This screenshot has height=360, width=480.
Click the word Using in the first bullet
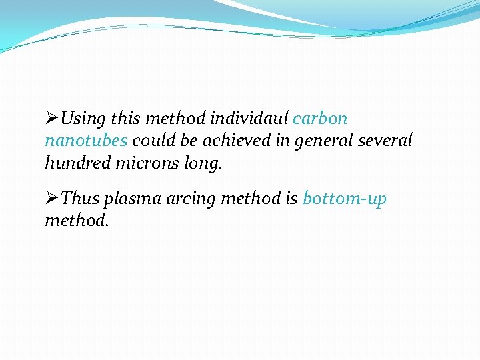(x=83, y=119)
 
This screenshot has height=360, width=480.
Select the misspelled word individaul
(x=250, y=119)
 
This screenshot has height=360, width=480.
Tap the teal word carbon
(x=320, y=119)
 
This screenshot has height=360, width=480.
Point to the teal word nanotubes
(x=86, y=141)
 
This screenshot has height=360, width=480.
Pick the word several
(x=385, y=141)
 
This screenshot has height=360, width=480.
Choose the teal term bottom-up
(x=345, y=199)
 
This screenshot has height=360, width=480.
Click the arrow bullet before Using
(x=51, y=119)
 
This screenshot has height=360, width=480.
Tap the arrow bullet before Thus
(x=51, y=198)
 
